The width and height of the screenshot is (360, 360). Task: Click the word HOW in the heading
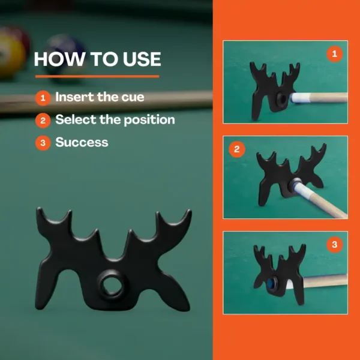(x=59, y=59)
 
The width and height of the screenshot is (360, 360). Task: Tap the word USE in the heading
(x=142, y=59)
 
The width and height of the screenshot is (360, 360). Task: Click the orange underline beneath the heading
(x=97, y=76)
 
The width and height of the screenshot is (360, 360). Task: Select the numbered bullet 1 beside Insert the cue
(x=43, y=98)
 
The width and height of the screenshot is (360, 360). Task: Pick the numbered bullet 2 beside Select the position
(x=43, y=121)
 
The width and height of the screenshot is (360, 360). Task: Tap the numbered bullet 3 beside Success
(x=43, y=143)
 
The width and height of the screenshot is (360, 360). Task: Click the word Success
(x=82, y=142)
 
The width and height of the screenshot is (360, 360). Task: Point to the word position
(x=149, y=120)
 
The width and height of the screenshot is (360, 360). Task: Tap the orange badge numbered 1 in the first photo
(x=335, y=54)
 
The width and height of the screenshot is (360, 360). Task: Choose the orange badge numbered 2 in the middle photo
(x=237, y=149)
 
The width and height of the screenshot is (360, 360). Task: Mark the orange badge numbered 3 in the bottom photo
(x=335, y=245)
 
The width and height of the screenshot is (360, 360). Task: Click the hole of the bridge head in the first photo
(x=282, y=99)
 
